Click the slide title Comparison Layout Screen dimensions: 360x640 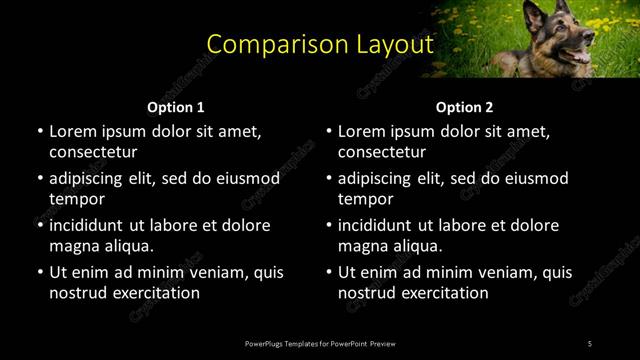(320, 44)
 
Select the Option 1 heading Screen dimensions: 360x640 (176, 107)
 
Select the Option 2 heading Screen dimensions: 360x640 (465, 107)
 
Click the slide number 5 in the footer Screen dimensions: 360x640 (590, 343)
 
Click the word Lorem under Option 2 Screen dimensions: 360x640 (361, 131)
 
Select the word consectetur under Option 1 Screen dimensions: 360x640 (93, 152)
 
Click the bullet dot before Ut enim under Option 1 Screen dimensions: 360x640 (40, 272)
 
